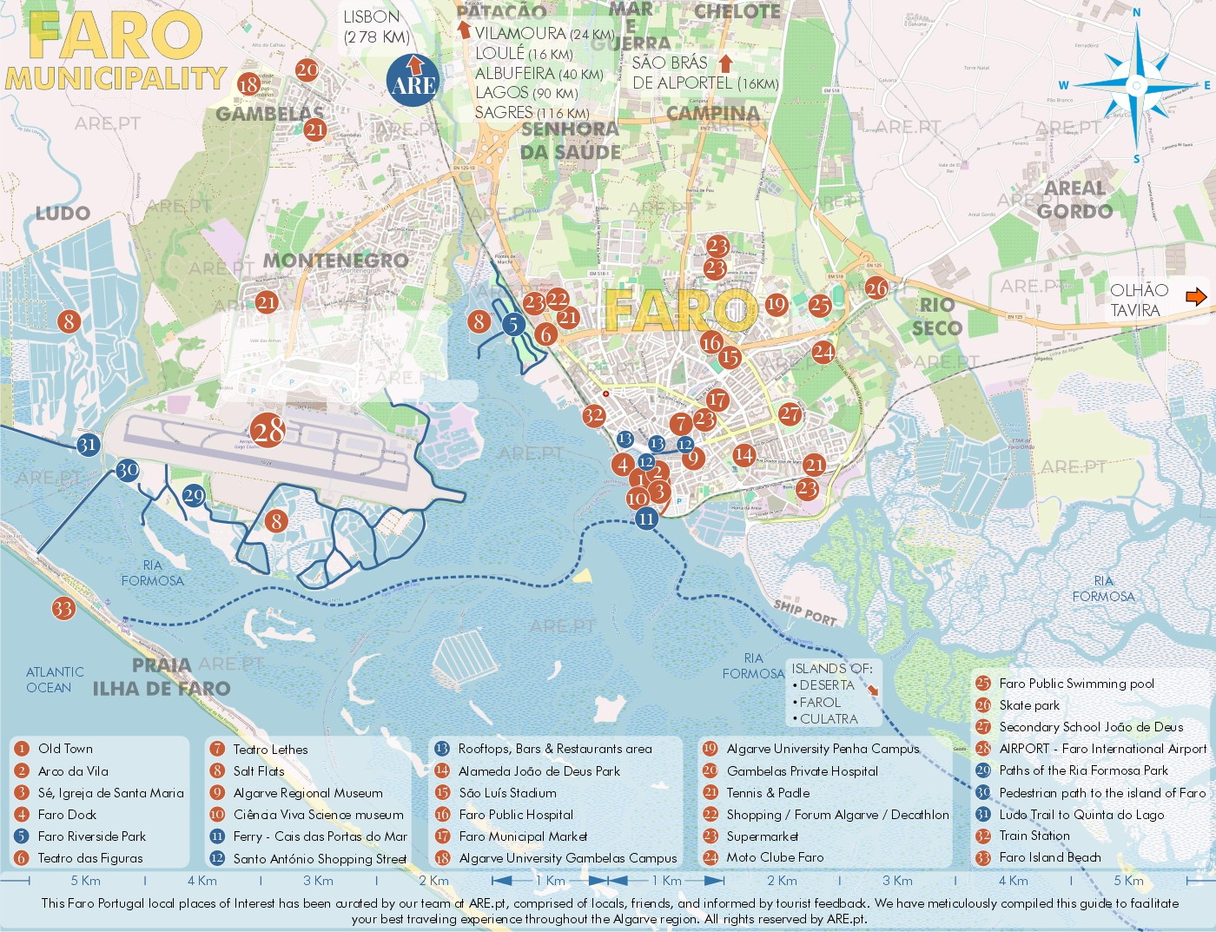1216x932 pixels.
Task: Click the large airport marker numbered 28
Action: point(268,430)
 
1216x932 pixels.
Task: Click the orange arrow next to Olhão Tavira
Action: point(1196,297)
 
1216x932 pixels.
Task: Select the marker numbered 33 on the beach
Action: point(63,608)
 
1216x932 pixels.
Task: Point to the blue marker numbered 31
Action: point(87,445)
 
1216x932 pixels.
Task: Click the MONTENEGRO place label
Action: point(335,261)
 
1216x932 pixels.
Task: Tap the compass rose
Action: point(1136,85)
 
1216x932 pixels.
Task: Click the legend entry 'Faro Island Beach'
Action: point(1049,857)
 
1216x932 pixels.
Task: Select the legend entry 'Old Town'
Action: point(65,749)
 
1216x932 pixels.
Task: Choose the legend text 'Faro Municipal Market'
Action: point(523,836)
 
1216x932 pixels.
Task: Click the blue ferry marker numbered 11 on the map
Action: point(645,519)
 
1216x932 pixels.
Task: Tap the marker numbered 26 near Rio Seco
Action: point(876,288)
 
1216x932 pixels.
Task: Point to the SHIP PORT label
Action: point(805,612)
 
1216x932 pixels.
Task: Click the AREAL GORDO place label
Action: point(1074,200)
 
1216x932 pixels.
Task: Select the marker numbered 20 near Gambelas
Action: point(307,69)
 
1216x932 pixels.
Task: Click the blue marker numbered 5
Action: point(513,325)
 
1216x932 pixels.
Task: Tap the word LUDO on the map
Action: point(63,214)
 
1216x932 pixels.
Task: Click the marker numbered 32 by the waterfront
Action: point(593,415)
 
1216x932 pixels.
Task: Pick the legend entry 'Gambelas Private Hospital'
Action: point(802,771)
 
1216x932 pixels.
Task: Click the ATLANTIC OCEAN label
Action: point(55,679)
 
